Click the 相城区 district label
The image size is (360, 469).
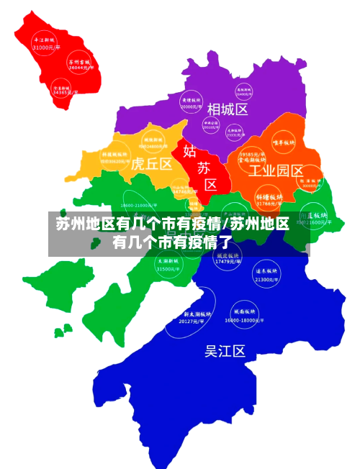click(x=228, y=109)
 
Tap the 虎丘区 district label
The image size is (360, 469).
click(x=152, y=164)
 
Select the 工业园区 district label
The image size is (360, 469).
click(x=276, y=170)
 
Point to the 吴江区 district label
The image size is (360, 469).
click(x=225, y=351)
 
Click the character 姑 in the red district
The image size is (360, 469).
click(x=189, y=151)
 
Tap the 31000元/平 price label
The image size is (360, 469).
click(x=44, y=47)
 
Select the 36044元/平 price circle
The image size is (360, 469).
click(x=79, y=67)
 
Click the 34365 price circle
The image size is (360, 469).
click(x=65, y=92)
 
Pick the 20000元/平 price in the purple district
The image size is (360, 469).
click(x=192, y=107)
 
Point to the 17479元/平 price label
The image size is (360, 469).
click(x=228, y=261)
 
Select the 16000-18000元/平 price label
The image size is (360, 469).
click(x=244, y=320)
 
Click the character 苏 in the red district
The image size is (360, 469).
click(x=204, y=168)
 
